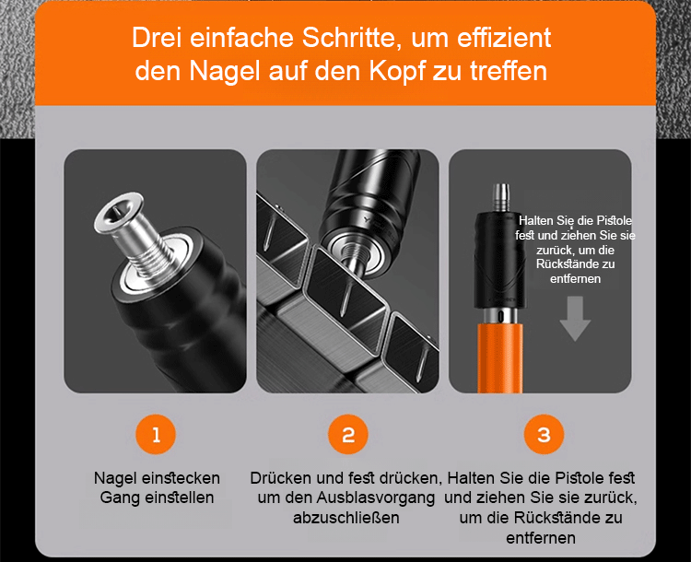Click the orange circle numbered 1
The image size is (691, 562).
[156, 434]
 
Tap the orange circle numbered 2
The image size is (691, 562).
[348, 434]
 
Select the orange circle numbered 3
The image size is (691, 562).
[544, 434]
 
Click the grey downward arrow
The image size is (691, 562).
[575, 318]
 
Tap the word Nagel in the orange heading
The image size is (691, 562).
[225, 72]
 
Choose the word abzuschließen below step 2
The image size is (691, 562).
[345, 518]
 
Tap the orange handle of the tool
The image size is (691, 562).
[500, 357]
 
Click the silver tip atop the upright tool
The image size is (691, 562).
[500, 197]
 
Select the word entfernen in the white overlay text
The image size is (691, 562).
[575, 279]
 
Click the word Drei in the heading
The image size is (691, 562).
[157, 38]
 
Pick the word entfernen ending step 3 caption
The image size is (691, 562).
[541, 538]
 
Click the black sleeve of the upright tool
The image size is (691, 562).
[499, 260]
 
